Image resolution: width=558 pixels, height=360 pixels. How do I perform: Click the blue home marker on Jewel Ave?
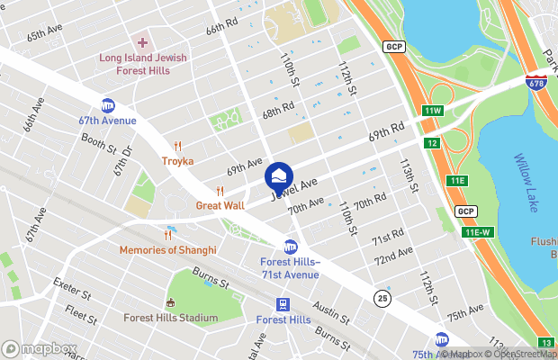tap(279, 173)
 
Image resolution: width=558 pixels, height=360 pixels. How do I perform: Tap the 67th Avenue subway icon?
tap(108, 105)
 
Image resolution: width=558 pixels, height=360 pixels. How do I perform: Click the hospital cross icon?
tap(142, 42)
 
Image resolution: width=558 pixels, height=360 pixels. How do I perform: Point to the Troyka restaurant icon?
tap(178, 147)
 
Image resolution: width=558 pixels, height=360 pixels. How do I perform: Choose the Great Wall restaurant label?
tap(220, 206)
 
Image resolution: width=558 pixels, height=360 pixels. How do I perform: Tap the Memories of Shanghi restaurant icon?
tap(167, 236)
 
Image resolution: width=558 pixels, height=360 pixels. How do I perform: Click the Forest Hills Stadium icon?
tap(169, 302)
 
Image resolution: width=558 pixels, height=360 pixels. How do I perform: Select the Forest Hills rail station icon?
tap(283, 304)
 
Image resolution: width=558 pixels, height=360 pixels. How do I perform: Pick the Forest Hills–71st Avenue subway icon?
tap(291, 246)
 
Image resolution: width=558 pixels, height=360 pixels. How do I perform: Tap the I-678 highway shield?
tap(537, 81)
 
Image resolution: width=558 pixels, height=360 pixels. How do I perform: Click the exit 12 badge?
tap(433, 144)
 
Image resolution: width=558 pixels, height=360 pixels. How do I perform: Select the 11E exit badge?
tap(458, 181)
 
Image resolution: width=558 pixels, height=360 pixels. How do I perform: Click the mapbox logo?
tap(36, 348)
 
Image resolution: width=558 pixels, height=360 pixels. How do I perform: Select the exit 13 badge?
tap(546, 342)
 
